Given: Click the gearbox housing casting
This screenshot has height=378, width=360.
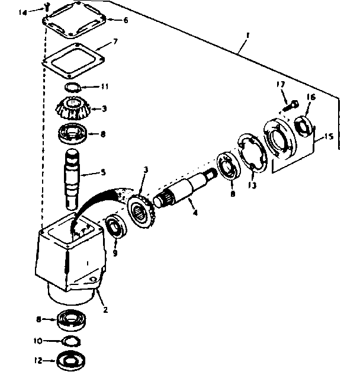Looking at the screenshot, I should [x=68, y=255].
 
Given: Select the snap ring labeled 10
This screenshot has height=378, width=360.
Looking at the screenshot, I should [x=70, y=341].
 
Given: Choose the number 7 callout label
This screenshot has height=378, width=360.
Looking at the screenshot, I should [x=116, y=42].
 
